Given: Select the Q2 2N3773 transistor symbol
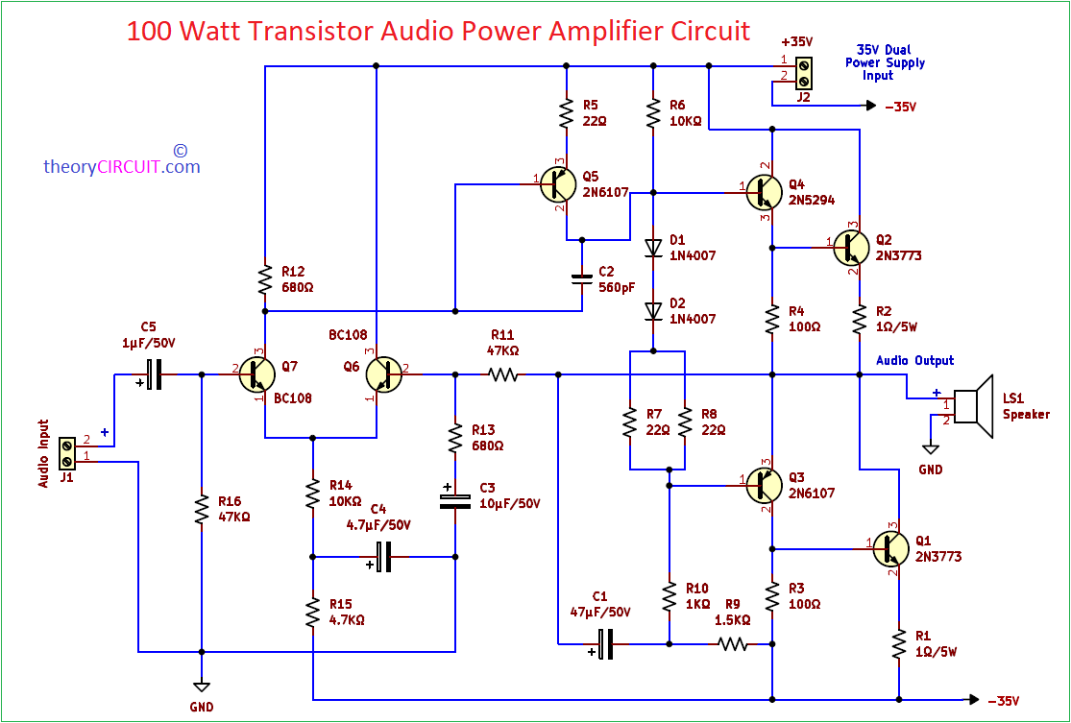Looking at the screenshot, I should (851, 247).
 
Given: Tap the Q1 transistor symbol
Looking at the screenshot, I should (890, 549).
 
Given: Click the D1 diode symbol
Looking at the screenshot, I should (653, 247).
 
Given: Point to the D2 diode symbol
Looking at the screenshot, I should (653, 311).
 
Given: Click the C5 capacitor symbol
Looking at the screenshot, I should (154, 374).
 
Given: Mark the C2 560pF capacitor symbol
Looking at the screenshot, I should (581, 278).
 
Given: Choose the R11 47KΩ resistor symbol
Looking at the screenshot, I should (502, 374).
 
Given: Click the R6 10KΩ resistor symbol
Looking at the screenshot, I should (653, 113).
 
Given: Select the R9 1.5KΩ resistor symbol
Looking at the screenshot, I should (733, 644).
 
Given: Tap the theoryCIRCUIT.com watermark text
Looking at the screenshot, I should (122, 166).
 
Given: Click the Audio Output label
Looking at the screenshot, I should (914, 360).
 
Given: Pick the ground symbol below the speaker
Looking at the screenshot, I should (930, 448).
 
